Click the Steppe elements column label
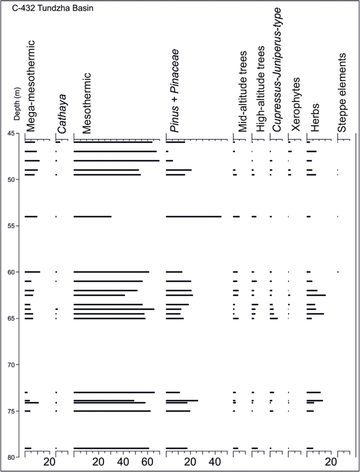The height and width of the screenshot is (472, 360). pos(342,92)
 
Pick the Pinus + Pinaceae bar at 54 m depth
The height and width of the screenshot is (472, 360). pos(193,217)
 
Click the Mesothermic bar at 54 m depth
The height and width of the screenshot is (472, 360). pos(92,217)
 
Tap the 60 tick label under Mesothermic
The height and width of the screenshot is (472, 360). pos(147,463)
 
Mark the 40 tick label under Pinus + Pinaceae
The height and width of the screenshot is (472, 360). pos(215,463)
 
